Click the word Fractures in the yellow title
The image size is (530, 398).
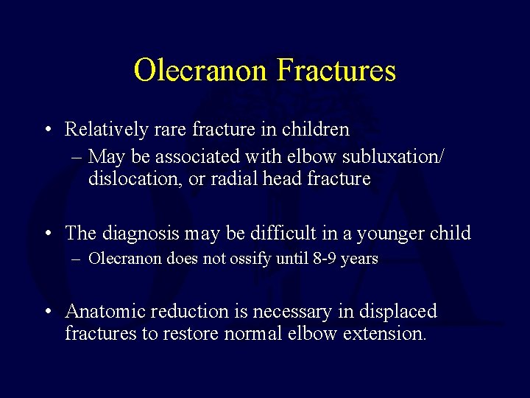pos(336,71)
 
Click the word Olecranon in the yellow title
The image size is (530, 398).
pos(202,71)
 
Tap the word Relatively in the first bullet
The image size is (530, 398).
pos(99,130)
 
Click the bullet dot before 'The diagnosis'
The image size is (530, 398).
pos(47,234)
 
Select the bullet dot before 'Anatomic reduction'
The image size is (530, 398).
pos(47,313)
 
